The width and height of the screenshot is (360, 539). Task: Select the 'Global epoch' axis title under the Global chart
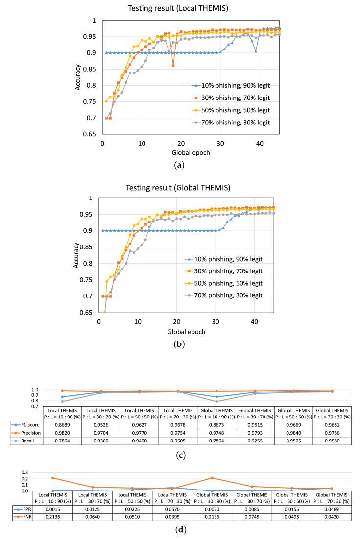coord(186,332)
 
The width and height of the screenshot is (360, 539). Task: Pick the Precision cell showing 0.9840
coord(294,434)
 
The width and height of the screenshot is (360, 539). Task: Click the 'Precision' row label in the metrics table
coord(26,434)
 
